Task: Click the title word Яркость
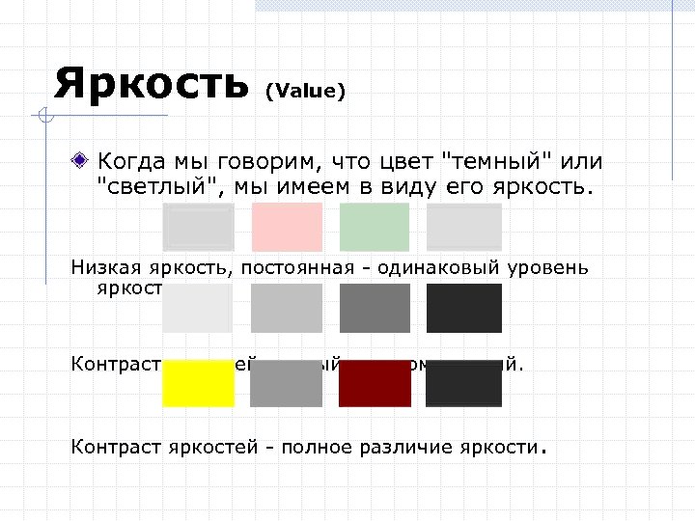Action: [x=152, y=84]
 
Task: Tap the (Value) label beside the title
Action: [x=305, y=92]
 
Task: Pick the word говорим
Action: [x=282, y=159]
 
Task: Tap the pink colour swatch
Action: [x=287, y=227]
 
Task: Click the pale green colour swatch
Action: [x=375, y=227]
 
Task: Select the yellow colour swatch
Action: [x=199, y=384]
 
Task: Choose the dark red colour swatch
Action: [x=375, y=384]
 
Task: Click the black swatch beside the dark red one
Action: [x=463, y=384]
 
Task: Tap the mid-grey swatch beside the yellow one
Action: [x=287, y=384]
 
